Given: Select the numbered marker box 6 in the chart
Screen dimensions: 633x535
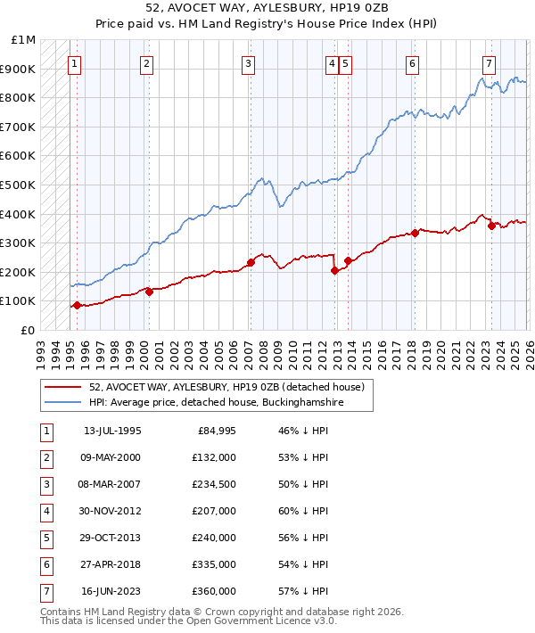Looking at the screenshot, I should point(412,63).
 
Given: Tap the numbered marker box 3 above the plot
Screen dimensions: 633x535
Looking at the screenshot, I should point(248,63).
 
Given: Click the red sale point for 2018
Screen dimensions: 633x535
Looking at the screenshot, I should point(415,234).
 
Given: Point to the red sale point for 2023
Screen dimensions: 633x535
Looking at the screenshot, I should point(491,226).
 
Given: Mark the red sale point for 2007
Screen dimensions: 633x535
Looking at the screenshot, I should point(251,262).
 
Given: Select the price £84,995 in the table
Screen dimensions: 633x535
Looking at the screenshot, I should point(213,432).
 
